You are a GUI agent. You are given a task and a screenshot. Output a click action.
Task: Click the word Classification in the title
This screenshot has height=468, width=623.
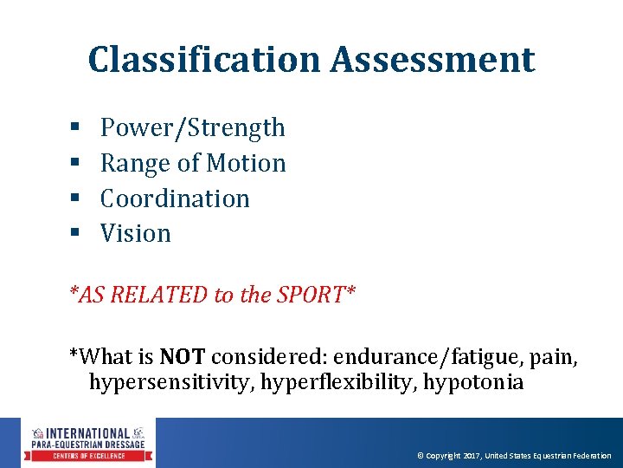pyautogui.click(x=205, y=60)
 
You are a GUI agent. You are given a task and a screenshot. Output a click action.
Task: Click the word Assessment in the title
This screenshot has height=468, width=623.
pyautogui.click(x=433, y=60)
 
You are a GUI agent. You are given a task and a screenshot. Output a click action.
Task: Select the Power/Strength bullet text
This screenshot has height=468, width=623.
pyautogui.click(x=192, y=127)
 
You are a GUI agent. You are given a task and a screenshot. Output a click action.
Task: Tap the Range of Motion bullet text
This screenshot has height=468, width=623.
pyautogui.click(x=193, y=163)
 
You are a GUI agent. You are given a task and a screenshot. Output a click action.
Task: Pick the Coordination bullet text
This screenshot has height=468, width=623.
pyautogui.click(x=175, y=198)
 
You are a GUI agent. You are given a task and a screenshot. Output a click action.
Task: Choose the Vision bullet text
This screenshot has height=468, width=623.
pyautogui.click(x=136, y=233)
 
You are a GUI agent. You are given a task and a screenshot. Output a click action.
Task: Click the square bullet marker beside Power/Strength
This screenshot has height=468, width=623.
pyautogui.click(x=74, y=128)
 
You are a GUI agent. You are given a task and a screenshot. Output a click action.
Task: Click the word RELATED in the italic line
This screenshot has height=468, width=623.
pyautogui.click(x=158, y=295)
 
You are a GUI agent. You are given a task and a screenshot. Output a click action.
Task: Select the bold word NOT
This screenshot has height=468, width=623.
pyautogui.click(x=182, y=356)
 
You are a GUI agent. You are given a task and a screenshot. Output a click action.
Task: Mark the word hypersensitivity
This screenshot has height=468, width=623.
pyautogui.click(x=165, y=382)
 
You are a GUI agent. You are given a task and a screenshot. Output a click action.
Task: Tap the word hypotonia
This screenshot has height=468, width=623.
pyautogui.click(x=473, y=382)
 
